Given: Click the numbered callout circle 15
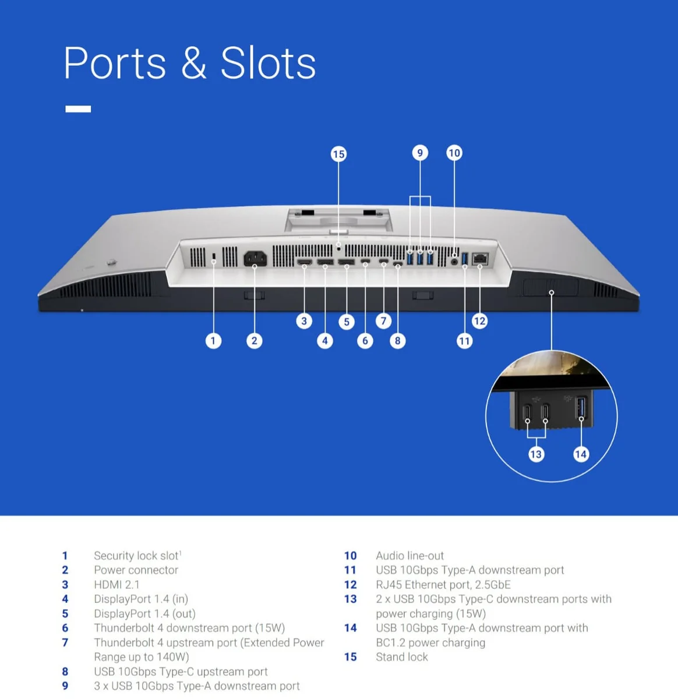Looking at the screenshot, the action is point(338,154).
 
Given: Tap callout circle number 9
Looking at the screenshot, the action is point(420,153).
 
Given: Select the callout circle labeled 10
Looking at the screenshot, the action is point(454,153).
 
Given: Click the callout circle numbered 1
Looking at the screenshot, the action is point(213,341).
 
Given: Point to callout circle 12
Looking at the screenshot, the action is point(480,321).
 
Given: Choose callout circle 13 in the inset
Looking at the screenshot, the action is point(536,454).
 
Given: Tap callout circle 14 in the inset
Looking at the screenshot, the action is point(581,454).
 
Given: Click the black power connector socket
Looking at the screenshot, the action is point(255,259).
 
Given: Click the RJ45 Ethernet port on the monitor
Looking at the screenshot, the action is point(480,259).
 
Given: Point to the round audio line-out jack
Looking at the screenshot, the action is point(455,262).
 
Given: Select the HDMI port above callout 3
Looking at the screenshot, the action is point(304,262).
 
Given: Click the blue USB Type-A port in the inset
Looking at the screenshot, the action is point(581,408).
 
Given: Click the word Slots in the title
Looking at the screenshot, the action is point(268,63).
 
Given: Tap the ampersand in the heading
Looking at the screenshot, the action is point(193,63).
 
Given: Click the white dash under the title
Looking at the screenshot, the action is point(78,109).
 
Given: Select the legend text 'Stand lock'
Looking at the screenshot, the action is point(402,657).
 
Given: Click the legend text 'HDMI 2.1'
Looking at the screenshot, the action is point(116,585).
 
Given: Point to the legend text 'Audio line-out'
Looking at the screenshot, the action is point(409,556).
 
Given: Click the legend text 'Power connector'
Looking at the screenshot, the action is point(136,570).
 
